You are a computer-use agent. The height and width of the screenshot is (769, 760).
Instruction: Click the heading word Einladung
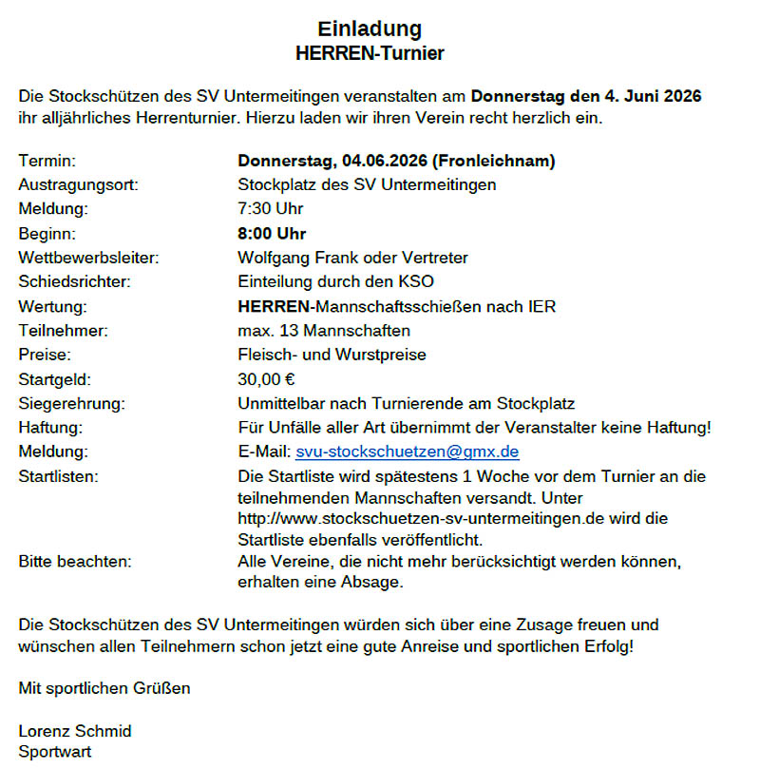coord(370,29)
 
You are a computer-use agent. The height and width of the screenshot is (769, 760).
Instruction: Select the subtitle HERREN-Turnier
coord(370,53)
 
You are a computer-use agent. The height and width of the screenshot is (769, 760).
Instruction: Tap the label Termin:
coord(47,161)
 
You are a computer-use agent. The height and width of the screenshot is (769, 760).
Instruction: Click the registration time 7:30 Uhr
coord(270,208)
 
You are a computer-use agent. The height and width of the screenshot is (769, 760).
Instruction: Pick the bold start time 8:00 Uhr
coord(272,233)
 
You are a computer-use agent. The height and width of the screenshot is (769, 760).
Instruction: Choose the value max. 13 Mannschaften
coord(324,331)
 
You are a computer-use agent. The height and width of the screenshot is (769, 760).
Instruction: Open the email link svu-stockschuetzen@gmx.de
coord(408,452)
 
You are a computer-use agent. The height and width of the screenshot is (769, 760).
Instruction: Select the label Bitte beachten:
coord(75,561)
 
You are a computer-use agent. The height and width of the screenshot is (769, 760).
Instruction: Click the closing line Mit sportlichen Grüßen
coord(104,687)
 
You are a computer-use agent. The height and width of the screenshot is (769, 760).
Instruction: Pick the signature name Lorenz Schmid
coord(75,731)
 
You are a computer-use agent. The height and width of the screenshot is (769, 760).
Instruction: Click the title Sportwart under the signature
coord(55,752)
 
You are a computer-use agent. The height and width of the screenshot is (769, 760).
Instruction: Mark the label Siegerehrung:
coord(71,404)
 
